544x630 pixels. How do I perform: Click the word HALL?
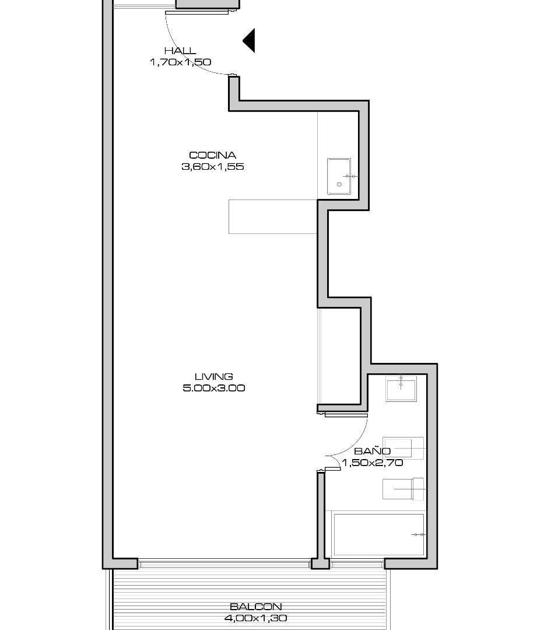point(180,51)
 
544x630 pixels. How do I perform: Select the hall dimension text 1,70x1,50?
point(180,62)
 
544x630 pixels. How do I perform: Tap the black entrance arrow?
point(249,41)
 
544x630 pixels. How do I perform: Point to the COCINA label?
point(212,155)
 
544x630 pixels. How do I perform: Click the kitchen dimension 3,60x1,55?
point(213,166)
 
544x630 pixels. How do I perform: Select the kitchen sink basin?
point(339,176)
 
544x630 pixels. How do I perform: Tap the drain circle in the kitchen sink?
point(339,184)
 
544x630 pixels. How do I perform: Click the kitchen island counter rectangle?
point(273,216)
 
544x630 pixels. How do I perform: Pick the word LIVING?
point(213,376)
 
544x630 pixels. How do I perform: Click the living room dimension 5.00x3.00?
point(214,388)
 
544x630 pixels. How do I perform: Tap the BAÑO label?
point(372,451)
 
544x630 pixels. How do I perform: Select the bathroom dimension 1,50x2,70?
point(372,463)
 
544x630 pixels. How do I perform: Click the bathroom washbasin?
point(401,388)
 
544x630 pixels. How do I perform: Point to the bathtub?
point(378,534)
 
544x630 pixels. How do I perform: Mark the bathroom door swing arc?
point(356,445)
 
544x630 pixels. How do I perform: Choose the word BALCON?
point(256,607)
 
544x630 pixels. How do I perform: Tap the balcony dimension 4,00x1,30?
point(256,618)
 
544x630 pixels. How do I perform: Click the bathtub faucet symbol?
point(419,534)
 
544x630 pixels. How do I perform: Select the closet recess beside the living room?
point(340,356)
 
